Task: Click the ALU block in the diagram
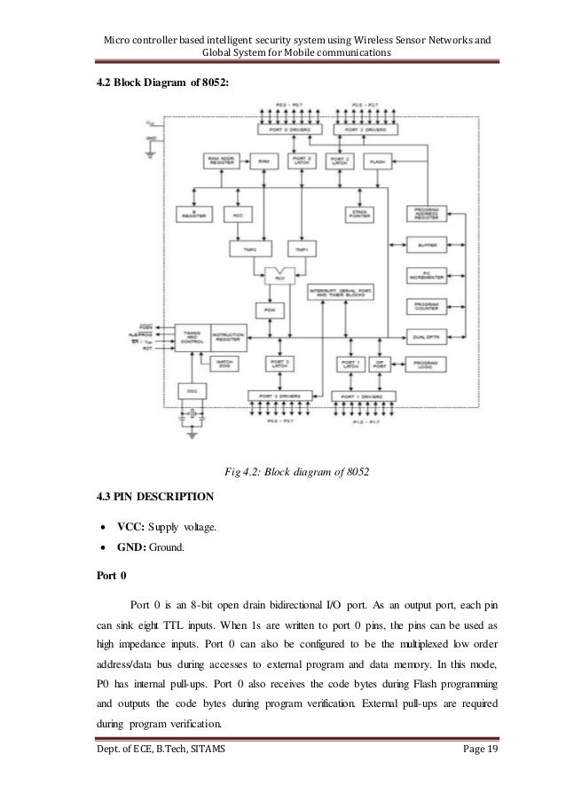(x=283, y=276)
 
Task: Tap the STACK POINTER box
(x=360, y=215)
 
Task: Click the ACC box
(x=238, y=215)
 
